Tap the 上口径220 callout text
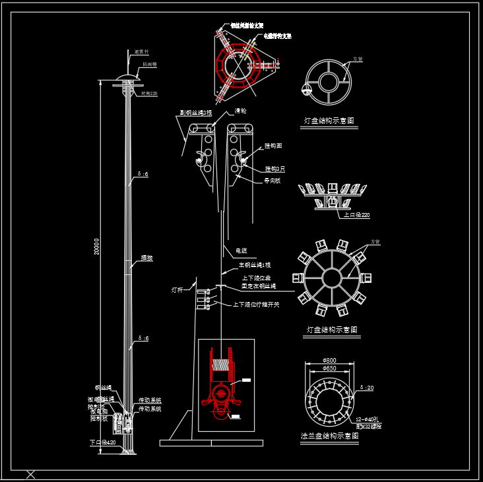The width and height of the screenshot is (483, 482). pos(356,215)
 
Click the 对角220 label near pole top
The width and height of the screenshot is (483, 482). pos(149,94)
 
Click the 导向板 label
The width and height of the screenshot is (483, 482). pos(272,180)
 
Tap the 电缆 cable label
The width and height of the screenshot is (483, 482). pos(241,251)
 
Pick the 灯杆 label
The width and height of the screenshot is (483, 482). pos(177,289)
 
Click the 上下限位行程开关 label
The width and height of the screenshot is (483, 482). pos(255,305)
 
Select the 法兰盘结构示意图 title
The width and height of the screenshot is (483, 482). pos(329,436)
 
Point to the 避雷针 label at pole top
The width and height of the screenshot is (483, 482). pos(142,51)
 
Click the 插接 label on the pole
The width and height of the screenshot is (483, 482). pos(146,258)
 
